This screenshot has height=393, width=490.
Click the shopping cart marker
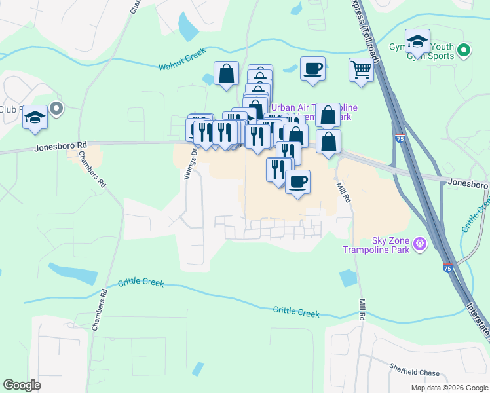362,69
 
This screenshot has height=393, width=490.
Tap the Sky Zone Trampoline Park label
377,245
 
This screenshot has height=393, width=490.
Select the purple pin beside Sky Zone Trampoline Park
421,245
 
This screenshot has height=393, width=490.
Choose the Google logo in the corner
22,385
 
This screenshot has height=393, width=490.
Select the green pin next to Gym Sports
464,50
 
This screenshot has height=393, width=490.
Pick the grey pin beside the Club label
56,109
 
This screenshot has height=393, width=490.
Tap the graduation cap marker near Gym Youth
417,41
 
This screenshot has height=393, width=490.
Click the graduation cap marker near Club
35,117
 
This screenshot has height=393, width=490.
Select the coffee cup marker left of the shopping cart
312,67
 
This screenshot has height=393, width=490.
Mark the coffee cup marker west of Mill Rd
297,181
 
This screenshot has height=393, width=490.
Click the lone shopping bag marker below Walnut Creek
226,73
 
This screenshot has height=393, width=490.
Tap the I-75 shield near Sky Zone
447,268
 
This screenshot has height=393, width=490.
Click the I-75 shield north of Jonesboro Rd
400,138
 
